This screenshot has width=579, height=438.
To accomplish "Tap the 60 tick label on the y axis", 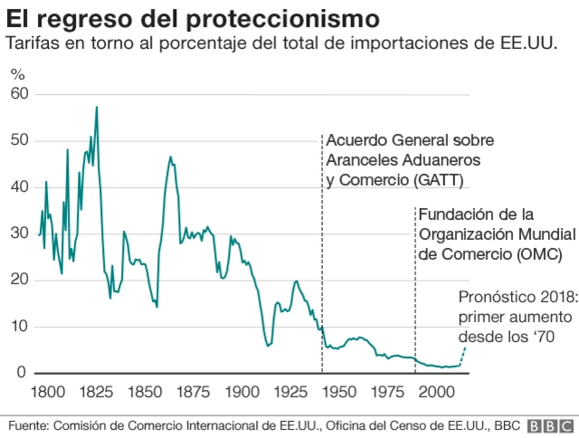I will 19,94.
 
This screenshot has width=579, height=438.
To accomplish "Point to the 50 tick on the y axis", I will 19,140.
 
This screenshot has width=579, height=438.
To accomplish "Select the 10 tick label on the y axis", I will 19,326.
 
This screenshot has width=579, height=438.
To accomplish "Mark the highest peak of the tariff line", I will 97,107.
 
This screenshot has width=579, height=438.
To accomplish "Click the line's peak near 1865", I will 170,157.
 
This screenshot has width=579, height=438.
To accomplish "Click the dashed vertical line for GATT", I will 322,271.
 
